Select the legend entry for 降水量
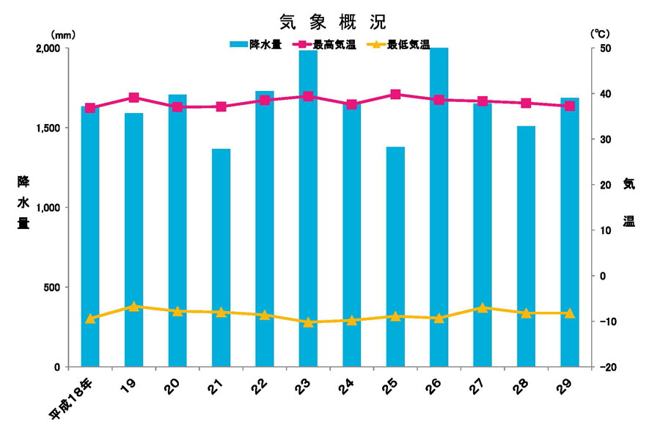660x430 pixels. (253, 44)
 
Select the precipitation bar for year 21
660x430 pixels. (221, 257)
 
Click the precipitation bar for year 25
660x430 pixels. (395, 256)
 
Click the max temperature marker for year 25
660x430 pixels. (395, 94)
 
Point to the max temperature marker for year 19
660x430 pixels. (133, 98)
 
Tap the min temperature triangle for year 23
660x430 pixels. (308, 322)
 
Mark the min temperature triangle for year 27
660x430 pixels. (483, 307)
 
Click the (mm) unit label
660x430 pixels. (63, 34)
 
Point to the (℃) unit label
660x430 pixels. (600, 34)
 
